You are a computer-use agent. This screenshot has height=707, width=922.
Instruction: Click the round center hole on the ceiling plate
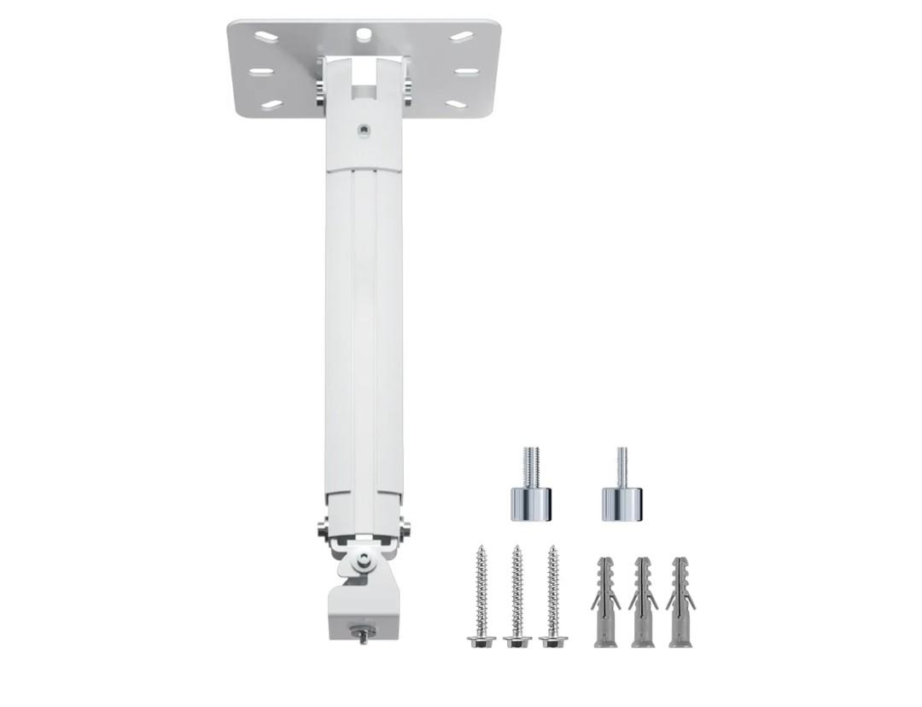[x=364, y=34]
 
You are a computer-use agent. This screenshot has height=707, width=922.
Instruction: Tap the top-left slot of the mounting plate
[x=266, y=37]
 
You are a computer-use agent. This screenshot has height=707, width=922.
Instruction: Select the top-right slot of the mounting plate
[x=462, y=37]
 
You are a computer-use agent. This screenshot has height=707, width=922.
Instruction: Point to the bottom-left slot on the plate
[x=271, y=104]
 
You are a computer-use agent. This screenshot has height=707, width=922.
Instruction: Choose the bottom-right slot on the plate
[x=457, y=104]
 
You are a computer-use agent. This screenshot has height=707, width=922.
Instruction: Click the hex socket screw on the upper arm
[x=365, y=131]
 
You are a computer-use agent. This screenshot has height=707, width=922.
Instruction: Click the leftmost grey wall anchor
[x=605, y=601]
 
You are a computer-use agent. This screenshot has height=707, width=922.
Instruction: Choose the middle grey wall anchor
[x=643, y=601]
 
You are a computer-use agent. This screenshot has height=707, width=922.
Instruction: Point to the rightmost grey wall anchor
[x=680, y=601]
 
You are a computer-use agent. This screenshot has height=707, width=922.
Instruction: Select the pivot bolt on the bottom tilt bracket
[x=365, y=559]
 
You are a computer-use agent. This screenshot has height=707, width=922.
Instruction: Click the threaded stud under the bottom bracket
[x=364, y=635]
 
